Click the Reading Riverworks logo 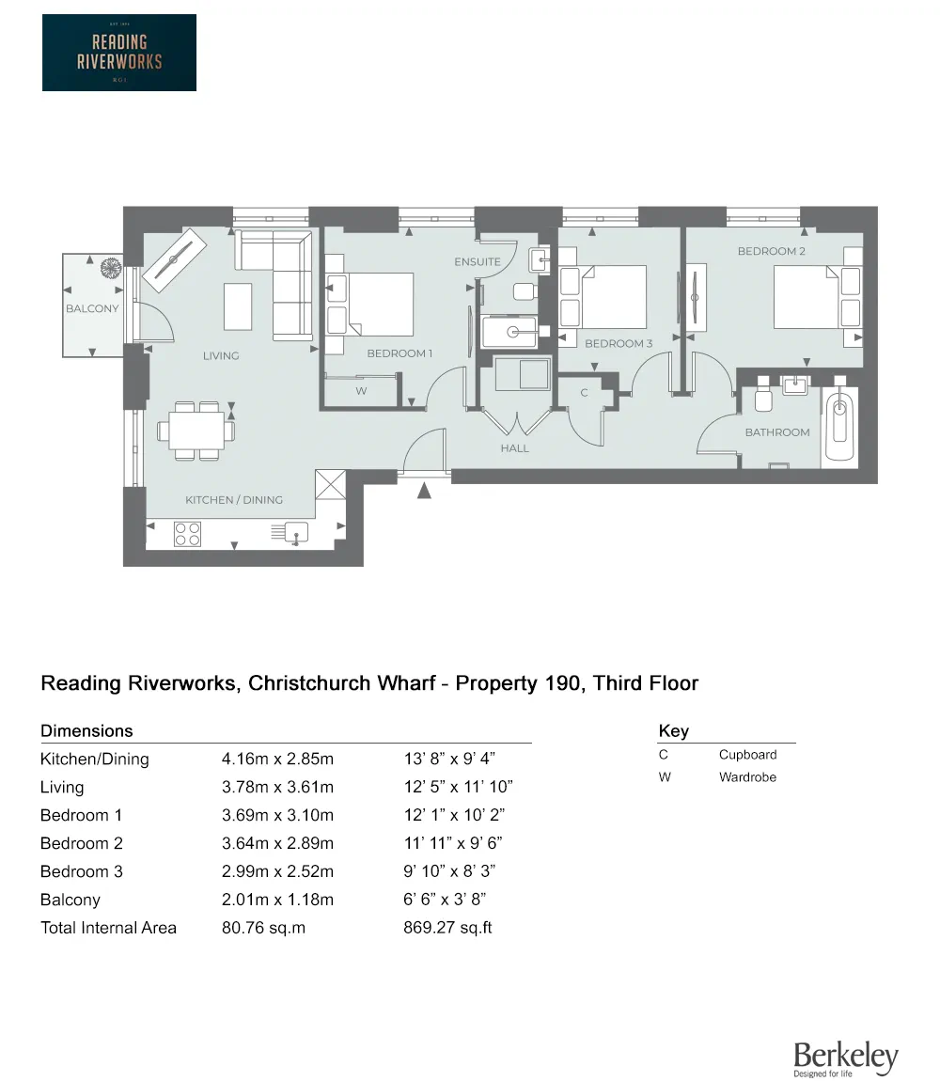[119, 53]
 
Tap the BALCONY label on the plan [92, 309]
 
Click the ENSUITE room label [478, 262]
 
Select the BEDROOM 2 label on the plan [771, 251]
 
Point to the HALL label [514, 448]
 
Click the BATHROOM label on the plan [777, 432]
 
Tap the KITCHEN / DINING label [234, 500]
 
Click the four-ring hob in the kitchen [188, 534]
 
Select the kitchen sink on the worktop [296, 533]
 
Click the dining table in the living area [196, 431]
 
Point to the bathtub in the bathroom [839, 429]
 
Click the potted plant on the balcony [110, 268]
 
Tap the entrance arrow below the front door [424, 490]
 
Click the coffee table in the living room [238, 306]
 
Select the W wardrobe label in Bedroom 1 [361, 391]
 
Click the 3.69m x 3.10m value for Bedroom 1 [277, 815]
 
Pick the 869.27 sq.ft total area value [447, 927]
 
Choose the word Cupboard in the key [747, 754]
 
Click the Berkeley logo [845, 1058]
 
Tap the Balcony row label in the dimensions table [70, 900]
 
